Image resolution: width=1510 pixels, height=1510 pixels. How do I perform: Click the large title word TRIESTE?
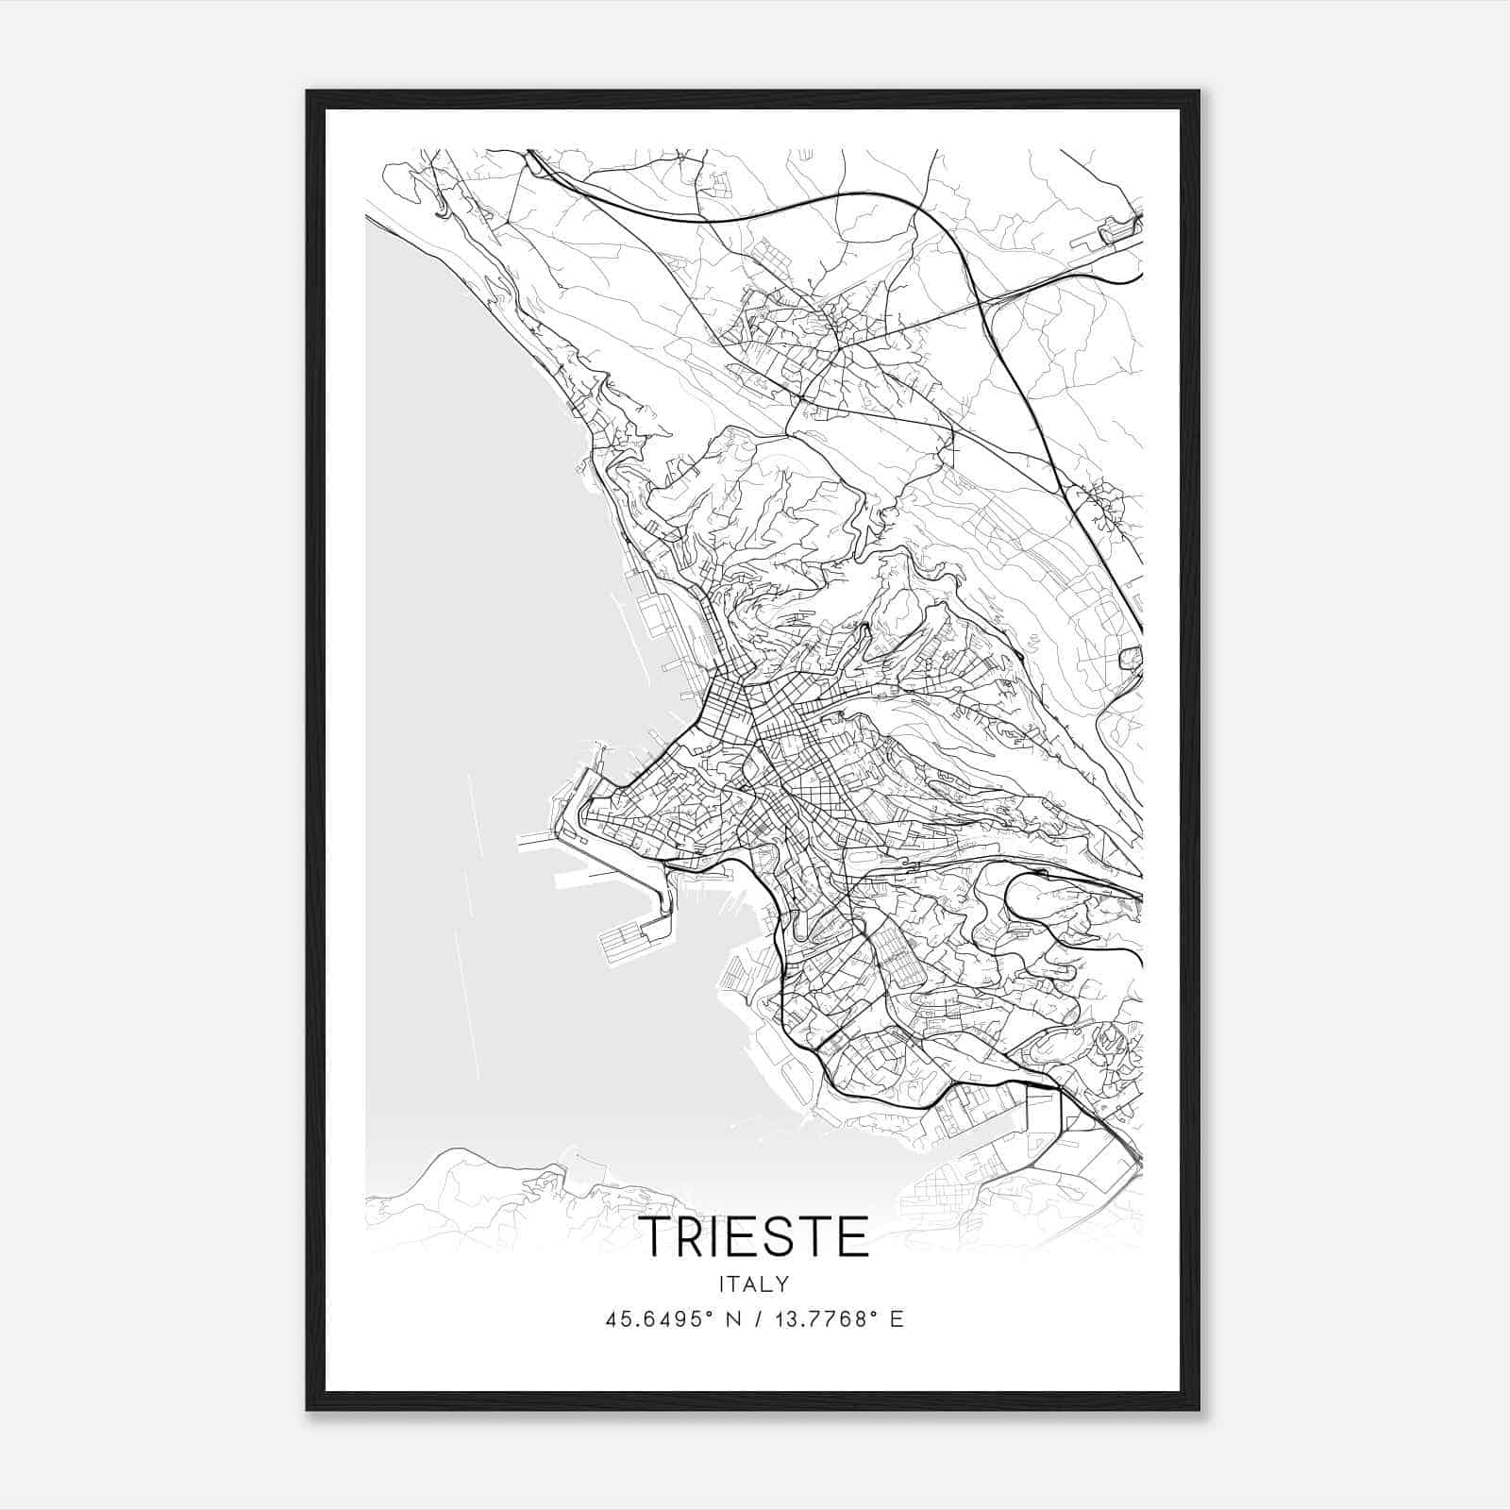pyautogui.click(x=754, y=1237)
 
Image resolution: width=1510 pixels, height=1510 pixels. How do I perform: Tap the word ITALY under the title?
pyautogui.click(x=754, y=1284)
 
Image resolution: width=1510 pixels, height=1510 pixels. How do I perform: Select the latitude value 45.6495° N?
pyautogui.click(x=673, y=1319)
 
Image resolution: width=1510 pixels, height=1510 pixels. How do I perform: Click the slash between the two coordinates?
pyautogui.click(x=754, y=1319)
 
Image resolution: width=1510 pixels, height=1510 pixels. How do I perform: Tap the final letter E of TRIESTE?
pyautogui.click(x=852, y=1237)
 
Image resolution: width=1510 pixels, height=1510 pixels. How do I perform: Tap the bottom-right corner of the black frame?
pyautogui.click(x=1199, y=1409)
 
